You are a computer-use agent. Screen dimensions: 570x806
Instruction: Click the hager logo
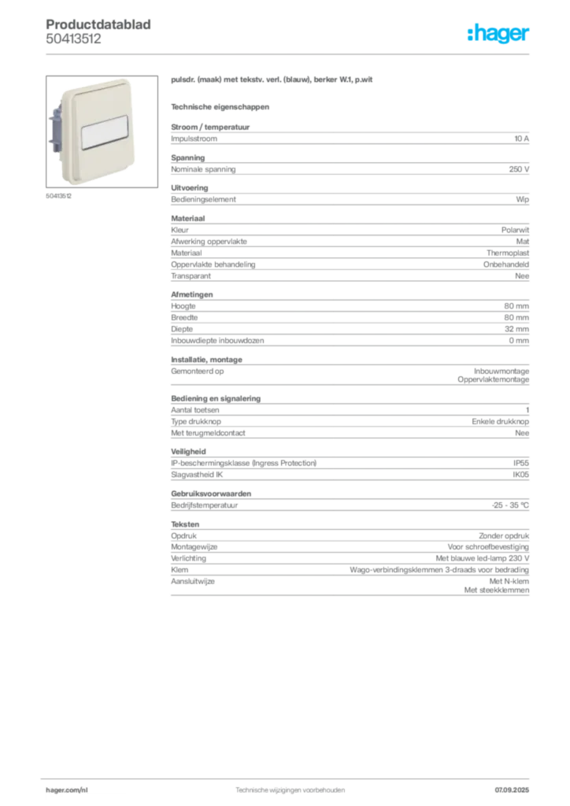click(x=498, y=33)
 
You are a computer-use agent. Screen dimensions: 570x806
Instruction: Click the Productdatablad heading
click(x=98, y=24)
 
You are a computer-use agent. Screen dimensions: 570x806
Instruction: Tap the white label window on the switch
click(x=105, y=132)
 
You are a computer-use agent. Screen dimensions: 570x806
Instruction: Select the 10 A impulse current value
click(x=521, y=139)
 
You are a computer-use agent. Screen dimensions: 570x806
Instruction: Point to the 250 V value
click(x=519, y=169)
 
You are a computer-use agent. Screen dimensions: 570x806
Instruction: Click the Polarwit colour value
click(x=515, y=230)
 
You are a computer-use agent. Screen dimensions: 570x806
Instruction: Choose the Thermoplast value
click(x=508, y=253)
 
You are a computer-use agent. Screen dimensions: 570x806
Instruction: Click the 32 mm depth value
click(x=516, y=329)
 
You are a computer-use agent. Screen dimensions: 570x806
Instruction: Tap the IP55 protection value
click(x=520, y=463)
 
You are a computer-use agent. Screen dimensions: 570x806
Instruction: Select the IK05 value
click(x=520, y=475)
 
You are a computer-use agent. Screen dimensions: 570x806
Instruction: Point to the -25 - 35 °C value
click(x=510, y=505)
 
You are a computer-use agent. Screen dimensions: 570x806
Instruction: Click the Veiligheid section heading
click(x=188, y=451)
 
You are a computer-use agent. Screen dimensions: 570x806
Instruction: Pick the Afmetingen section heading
click(x=192, y=294)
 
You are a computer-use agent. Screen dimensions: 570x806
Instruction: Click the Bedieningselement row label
click(x=204, y=199)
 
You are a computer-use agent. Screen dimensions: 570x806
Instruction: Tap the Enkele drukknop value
click(x=500, y=422)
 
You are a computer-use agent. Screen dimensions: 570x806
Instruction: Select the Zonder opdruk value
click(x=504, y=535)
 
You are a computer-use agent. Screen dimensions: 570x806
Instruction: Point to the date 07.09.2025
click(x=512, y=790)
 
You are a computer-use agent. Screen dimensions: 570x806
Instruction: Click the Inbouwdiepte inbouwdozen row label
click(x=217, y=340)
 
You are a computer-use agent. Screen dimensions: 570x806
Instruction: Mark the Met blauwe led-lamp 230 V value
click(x=482, y=558)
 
